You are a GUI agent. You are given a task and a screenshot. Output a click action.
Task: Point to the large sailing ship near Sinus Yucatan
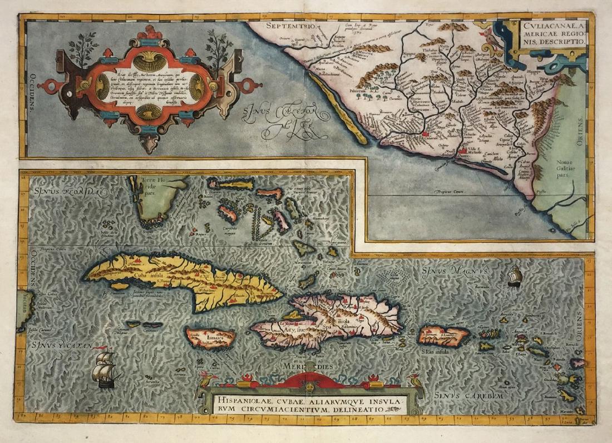pyautogui.click(x=105, y=367)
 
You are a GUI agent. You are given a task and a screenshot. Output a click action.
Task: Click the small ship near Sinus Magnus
pyautogui.click(x=514, y=276)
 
